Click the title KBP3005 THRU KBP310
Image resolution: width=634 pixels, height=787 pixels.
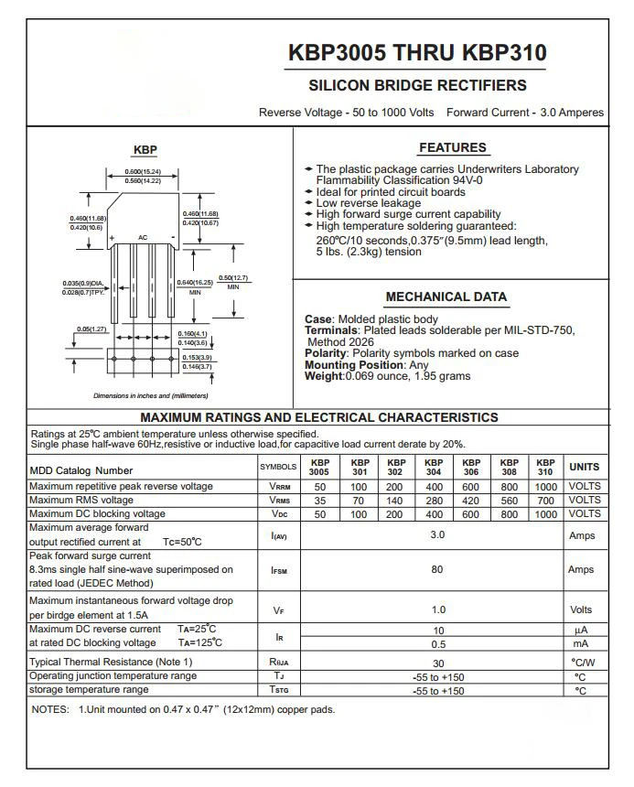click(417, 53)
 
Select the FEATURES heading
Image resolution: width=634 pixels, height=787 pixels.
click(453, 148)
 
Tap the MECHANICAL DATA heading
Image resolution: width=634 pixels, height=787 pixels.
click(446, 297)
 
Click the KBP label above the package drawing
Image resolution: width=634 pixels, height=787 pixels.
click(145, 150)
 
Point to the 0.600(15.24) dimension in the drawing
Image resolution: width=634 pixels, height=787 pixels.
click(143, 172)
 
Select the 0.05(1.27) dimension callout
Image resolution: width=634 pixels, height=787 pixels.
click(91, 329)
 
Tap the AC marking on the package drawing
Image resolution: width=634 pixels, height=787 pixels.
click(143, 237)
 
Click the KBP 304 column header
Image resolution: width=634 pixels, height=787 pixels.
click(434, 467)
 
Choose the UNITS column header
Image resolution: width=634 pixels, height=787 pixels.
click(585, 467)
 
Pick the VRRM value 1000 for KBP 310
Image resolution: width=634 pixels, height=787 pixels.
click(545, 487)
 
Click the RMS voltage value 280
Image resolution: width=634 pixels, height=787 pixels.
click(434, 501)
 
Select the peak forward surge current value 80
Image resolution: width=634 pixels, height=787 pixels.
click(437, 569)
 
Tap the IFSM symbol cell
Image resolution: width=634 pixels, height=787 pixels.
click(279, 570)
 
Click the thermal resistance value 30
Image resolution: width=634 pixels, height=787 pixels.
click(437, 663)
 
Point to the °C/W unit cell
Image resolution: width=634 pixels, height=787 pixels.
click(584, 663)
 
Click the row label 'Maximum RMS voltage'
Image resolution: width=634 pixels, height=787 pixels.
click(81, 501)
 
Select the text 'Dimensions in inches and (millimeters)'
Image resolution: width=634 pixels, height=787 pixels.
click(150, 396)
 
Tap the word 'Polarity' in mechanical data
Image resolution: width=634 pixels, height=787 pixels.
click(325, 353)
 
